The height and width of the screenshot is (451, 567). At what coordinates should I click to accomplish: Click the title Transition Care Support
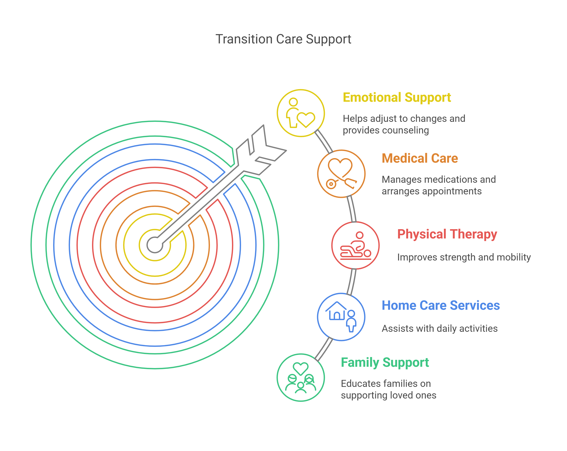[283, 39]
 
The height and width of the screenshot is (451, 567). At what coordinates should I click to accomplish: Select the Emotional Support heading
[397, 98]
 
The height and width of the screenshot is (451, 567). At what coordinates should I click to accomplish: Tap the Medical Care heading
[420, 158]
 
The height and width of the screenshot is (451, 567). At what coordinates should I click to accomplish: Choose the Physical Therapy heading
[447, 234]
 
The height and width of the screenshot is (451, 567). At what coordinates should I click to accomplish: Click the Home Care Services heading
[440, 305]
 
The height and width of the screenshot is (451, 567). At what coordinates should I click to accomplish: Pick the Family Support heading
[385, 362]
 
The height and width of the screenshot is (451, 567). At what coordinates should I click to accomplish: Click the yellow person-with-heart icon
[301, 113]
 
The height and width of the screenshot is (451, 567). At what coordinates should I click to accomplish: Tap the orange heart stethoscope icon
[341, 174]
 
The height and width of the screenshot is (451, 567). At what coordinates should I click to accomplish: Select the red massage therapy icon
[355, 245]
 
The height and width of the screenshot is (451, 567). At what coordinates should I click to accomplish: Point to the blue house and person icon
[341, 317]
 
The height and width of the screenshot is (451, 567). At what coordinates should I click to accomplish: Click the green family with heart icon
[301, 377]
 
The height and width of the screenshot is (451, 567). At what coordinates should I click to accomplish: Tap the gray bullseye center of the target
[155, 245]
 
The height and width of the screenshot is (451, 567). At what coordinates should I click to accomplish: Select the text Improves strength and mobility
[464, 257]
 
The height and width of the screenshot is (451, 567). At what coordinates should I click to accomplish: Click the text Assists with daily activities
[439, 329]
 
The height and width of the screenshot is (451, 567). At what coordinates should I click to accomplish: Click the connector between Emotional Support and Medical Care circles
[324, 141]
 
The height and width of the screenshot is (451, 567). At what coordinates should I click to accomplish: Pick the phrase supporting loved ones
[388, 395]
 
